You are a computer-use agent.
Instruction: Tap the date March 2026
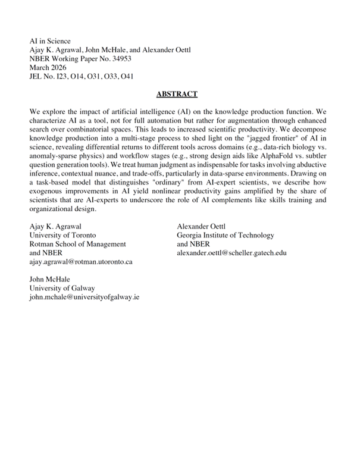pos(50,67)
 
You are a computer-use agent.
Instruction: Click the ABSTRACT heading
pos(177,94)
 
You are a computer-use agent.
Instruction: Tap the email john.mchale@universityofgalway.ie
pos(89,297)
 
